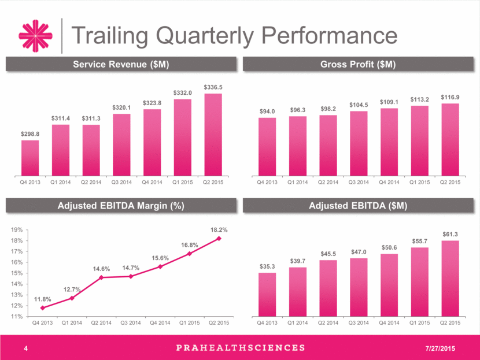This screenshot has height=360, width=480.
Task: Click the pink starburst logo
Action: pos(35,36)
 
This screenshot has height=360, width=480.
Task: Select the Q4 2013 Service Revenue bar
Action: pos(30,158)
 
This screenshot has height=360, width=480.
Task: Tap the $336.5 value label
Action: pos(213,87)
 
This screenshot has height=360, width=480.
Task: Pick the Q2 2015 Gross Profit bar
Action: pos(450,140)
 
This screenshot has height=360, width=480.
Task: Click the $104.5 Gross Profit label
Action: pos(359,105)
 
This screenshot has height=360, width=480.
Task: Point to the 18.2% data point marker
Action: pos(219,239)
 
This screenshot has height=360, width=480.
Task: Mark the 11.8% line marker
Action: pos(43,308)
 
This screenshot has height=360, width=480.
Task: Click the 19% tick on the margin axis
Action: pos(17,230)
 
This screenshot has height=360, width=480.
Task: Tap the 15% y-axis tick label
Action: pos(17,273)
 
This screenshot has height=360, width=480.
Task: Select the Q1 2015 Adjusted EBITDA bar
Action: pos(419,282)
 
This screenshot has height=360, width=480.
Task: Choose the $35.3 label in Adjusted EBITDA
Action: pos(267,266)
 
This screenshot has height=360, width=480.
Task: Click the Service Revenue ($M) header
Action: pos(121,64)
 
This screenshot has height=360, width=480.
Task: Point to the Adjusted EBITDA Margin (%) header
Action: pos(121,206)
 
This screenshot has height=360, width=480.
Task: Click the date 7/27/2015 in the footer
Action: pos(440,348)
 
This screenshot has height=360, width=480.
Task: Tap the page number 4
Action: pos(25,348)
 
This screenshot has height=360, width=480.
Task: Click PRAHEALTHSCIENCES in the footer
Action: pos(241,348)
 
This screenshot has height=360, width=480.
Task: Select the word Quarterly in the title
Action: pos(205,36)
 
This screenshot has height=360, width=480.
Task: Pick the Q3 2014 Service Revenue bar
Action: pos(121,145)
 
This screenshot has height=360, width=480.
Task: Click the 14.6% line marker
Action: pos(101,277)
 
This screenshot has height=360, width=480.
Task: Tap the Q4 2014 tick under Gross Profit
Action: pos(389,182)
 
